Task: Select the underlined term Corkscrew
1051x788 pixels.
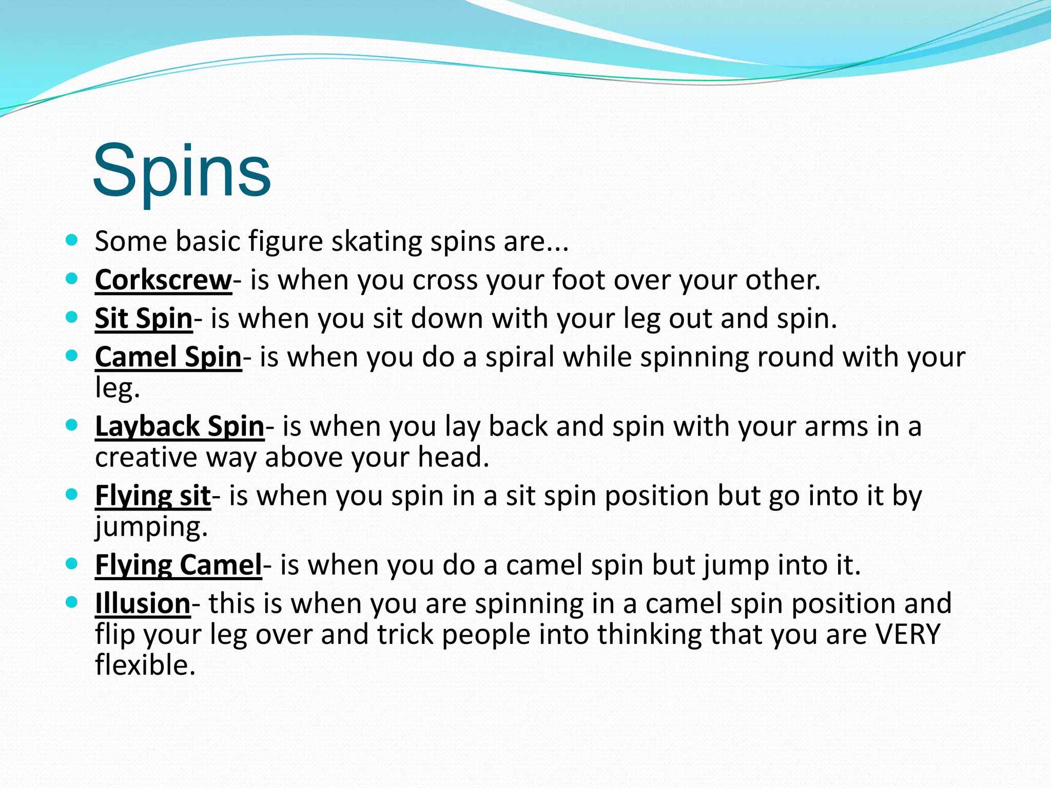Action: coord(163,280)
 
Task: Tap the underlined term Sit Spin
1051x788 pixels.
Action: coord(143,319)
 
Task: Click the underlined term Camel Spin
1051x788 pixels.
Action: coord(168,357)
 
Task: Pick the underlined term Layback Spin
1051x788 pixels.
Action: coord(179,426)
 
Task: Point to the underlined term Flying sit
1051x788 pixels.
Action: coord(152,496)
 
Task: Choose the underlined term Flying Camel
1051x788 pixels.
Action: coord(178,565)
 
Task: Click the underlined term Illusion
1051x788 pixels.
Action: coord(143,603)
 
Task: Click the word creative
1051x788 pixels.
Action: coord(146,457)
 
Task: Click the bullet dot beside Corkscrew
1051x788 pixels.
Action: coord(72,279)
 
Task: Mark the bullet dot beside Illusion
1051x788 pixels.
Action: coord(72,602)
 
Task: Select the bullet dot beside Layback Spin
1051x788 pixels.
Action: coord(72,425)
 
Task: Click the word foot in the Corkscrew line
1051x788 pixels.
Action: coord(578,280)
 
